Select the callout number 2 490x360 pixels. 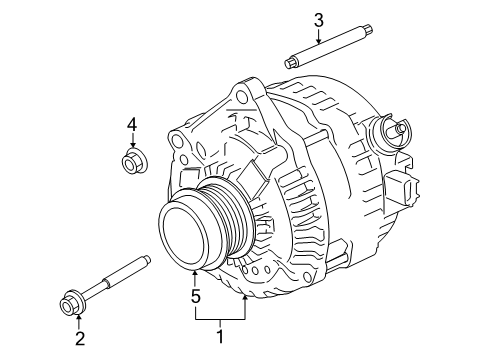click(78, 337)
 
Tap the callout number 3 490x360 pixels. click(318, 19)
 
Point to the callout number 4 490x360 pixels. click(131, 125)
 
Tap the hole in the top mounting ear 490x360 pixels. click(239, 98)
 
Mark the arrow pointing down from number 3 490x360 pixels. click(318, 38)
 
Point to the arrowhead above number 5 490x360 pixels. click(195, 274)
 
